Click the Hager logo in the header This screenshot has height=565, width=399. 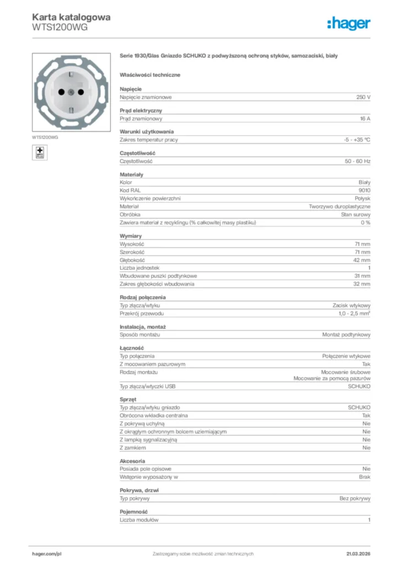[348, 23]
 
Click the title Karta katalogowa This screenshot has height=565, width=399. [71, 17]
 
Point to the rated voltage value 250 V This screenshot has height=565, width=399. [363, 97]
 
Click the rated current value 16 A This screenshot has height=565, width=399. [365, 119]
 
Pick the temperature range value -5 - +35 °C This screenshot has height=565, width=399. [357, 140]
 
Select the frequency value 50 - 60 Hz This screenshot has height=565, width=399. [357, 162]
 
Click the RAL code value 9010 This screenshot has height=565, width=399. [364, 190]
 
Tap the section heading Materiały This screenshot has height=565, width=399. [131, 174]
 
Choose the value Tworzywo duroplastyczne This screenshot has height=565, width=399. [339, 206]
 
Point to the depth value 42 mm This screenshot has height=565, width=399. [362, 260]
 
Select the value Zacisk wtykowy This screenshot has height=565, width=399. [351, 306]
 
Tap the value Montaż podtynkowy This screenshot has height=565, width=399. [346, 335]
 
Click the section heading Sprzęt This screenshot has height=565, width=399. [128, 399]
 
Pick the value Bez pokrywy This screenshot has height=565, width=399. [355, 498]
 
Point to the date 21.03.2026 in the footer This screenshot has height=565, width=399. [358, 553]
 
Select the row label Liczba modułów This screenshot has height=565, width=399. [139, 520]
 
